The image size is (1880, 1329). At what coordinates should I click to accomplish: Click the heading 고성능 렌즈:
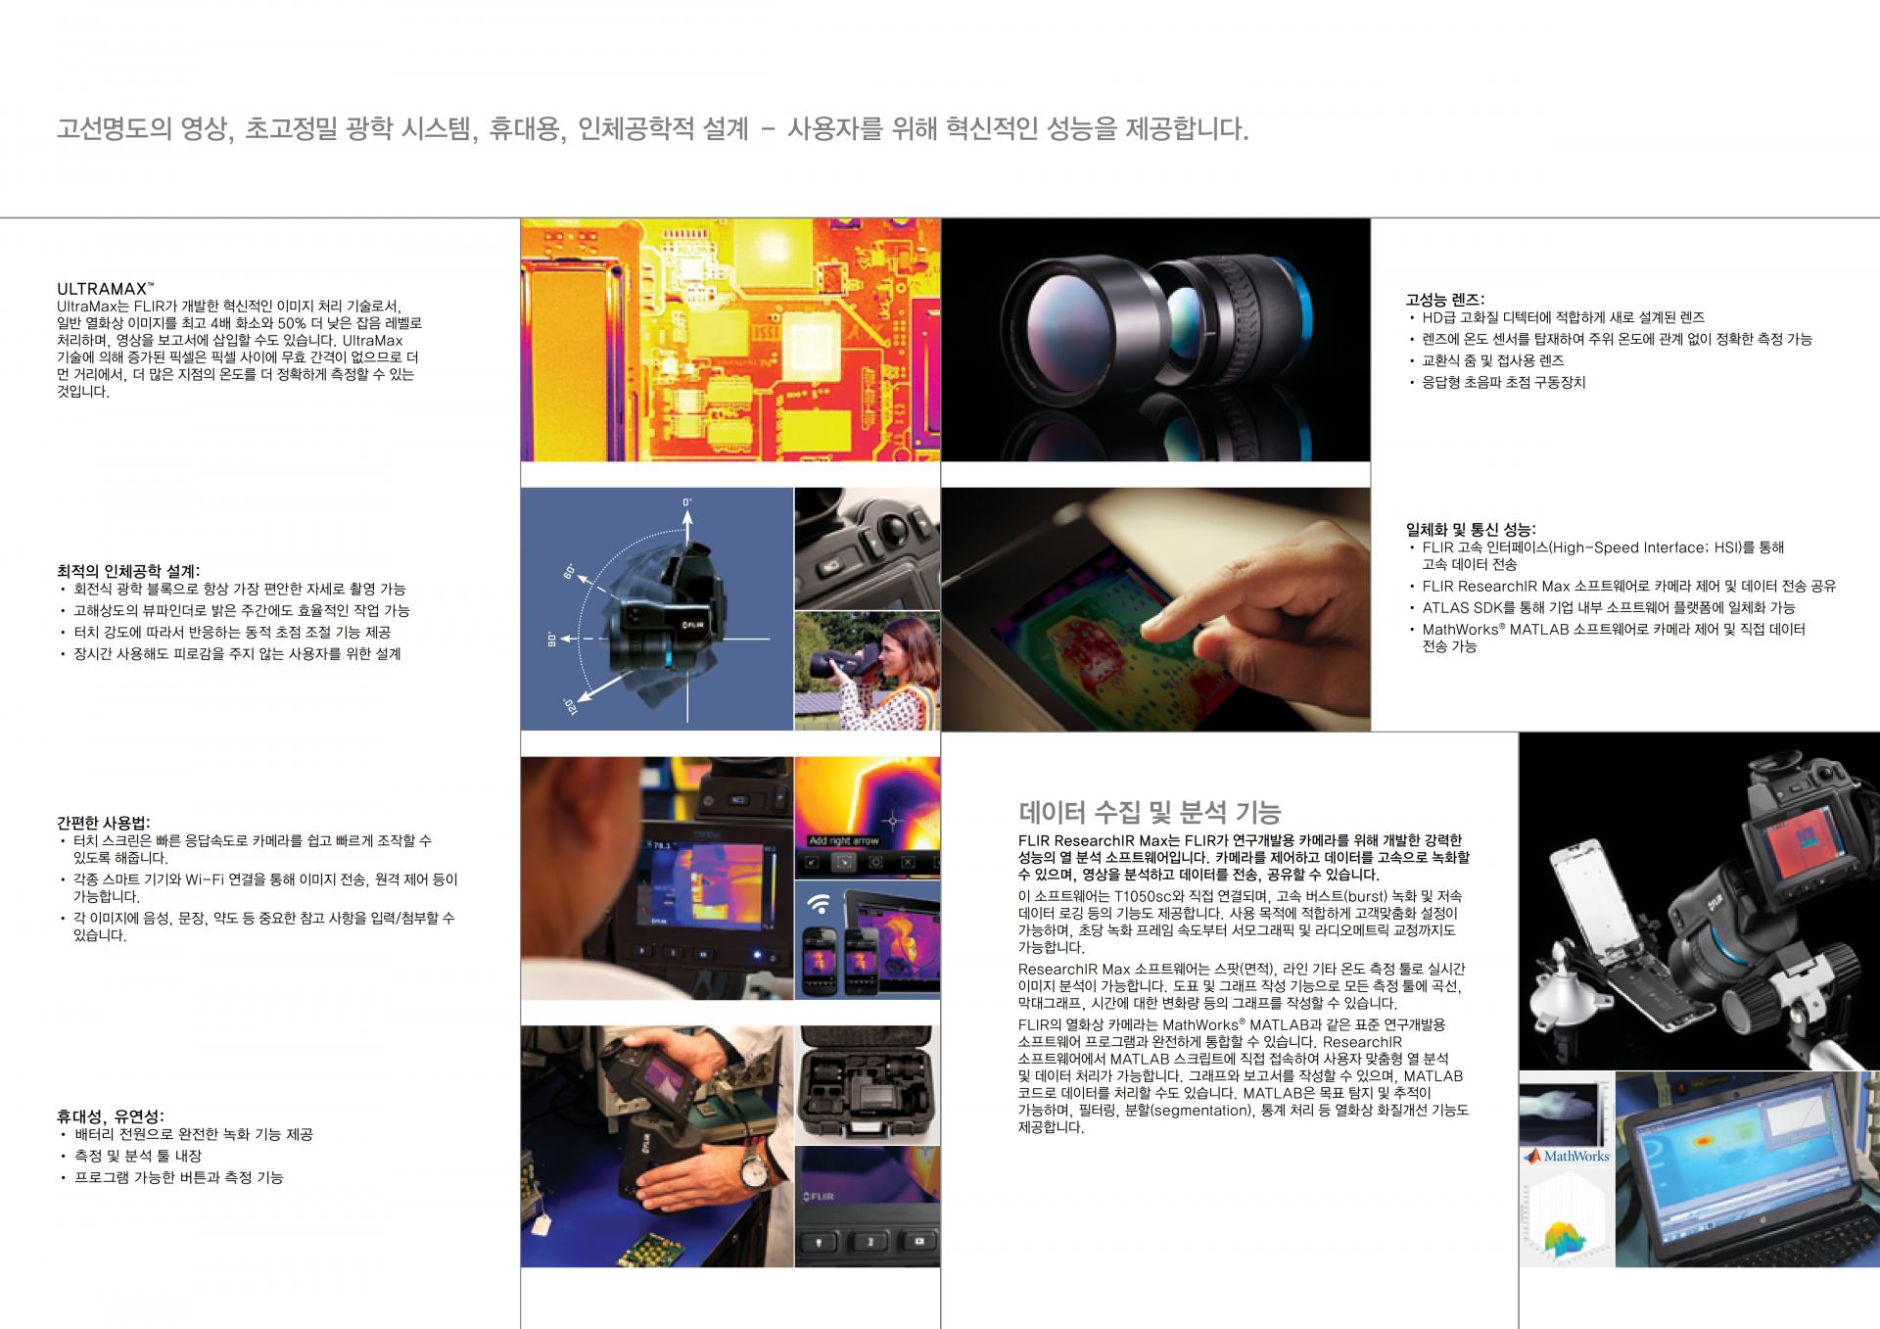tap(1445, 300)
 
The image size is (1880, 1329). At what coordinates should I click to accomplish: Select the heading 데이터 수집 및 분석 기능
tap(1150, 812)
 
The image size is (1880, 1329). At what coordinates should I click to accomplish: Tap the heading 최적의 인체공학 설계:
tap(128, 570)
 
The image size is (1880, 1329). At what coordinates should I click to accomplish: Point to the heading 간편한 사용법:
tap(104, 823)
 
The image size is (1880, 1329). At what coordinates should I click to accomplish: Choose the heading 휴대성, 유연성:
tap(111, 1116)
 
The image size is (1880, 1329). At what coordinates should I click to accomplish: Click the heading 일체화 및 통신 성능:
tap(1471, 530)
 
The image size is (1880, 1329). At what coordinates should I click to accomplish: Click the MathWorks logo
tap(1568, 1156)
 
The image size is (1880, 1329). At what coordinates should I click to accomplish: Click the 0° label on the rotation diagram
tap(687, 502)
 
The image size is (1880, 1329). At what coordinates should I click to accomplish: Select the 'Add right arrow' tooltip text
tap(843, 840)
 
